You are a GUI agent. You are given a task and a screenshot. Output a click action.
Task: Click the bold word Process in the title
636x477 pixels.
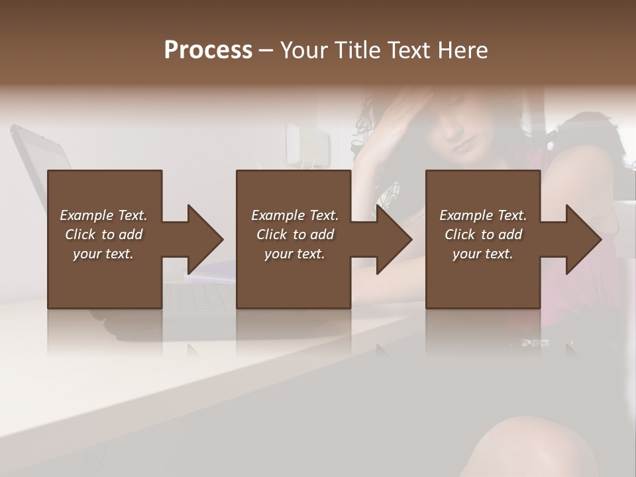click(x=208, y=50)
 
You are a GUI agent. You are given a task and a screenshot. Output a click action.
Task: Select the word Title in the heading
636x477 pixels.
click(x=355, y=50)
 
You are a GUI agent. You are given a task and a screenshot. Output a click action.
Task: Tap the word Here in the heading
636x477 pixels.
click(x=463, y=50)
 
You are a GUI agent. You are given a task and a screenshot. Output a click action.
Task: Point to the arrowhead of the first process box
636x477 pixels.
click(x=205, y=239)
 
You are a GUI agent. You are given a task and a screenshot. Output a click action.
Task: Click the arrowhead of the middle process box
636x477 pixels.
click(x=394, y=239)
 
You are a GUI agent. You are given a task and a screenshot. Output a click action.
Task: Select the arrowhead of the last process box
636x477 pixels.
click(x=583, y=239)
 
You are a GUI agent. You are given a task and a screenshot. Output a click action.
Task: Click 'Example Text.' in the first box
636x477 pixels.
click(x=103, y=215)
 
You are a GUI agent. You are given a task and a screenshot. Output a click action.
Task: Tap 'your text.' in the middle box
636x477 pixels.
click(x=294, y=254)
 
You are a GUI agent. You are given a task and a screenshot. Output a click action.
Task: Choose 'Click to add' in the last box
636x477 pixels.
click(x=483, y=235)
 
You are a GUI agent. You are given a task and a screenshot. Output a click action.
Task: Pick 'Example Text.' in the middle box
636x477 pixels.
click(x=294, y=215)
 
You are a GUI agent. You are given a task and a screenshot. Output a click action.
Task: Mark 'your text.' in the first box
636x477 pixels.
click(x=103, y=254)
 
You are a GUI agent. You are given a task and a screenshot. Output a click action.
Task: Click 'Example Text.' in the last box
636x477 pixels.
click(x=483, y=215)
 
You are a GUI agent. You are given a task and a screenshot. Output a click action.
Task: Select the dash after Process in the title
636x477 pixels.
click(x=266, y=51)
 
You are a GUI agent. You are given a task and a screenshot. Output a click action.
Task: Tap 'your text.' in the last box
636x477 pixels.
click(x=483, y=254)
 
